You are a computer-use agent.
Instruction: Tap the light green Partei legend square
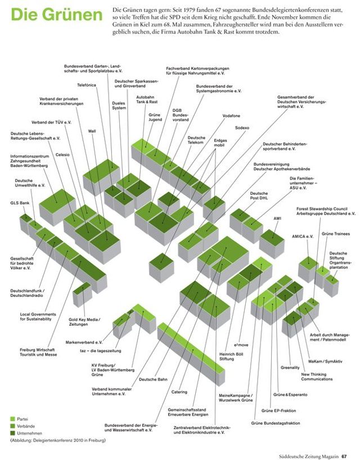12,419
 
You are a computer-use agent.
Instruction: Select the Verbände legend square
12,426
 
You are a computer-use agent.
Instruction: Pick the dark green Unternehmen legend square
12,434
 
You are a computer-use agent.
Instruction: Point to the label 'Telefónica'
87,85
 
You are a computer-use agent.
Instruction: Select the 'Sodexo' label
242,128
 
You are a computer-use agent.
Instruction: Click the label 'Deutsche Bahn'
153,380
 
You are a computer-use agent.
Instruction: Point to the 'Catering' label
179,392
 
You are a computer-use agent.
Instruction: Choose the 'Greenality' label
290,367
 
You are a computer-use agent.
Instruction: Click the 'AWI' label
277,218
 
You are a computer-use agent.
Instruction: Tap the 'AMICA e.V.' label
302,237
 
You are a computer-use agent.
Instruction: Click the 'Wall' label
92,131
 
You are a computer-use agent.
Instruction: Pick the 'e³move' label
241,344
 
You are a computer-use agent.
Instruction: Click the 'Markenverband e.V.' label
84,342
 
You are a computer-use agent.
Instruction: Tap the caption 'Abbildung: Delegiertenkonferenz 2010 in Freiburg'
57,441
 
